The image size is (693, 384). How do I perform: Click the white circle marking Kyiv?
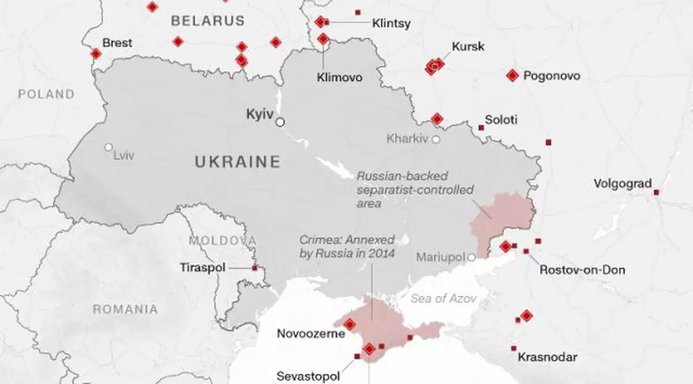(x=280, y=122)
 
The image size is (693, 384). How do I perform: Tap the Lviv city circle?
(x=108, y=147)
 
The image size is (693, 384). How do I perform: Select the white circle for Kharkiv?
(x=435, y=139)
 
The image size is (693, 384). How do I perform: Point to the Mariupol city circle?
(x=472, y=257)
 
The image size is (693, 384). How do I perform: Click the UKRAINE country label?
(x=237, y=162)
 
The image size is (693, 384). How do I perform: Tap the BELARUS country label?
(x=207, y=21)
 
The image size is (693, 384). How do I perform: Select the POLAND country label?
(x=46, y=94)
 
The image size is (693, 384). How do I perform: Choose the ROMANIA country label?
(x=125, y=309)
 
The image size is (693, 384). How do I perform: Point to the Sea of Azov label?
(x=444, y=298)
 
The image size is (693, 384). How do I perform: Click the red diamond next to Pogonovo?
(x=512, y=75)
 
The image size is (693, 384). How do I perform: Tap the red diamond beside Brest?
(x=96, y=53)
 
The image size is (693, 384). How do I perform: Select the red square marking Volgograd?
(x=656, y=192)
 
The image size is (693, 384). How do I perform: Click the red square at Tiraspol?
(x=254, y=268)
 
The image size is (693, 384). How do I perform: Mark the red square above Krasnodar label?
(x=513, y=348)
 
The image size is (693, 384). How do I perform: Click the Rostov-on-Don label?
(x=582, y=270)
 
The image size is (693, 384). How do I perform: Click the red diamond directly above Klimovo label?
(x=323, y=39)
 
